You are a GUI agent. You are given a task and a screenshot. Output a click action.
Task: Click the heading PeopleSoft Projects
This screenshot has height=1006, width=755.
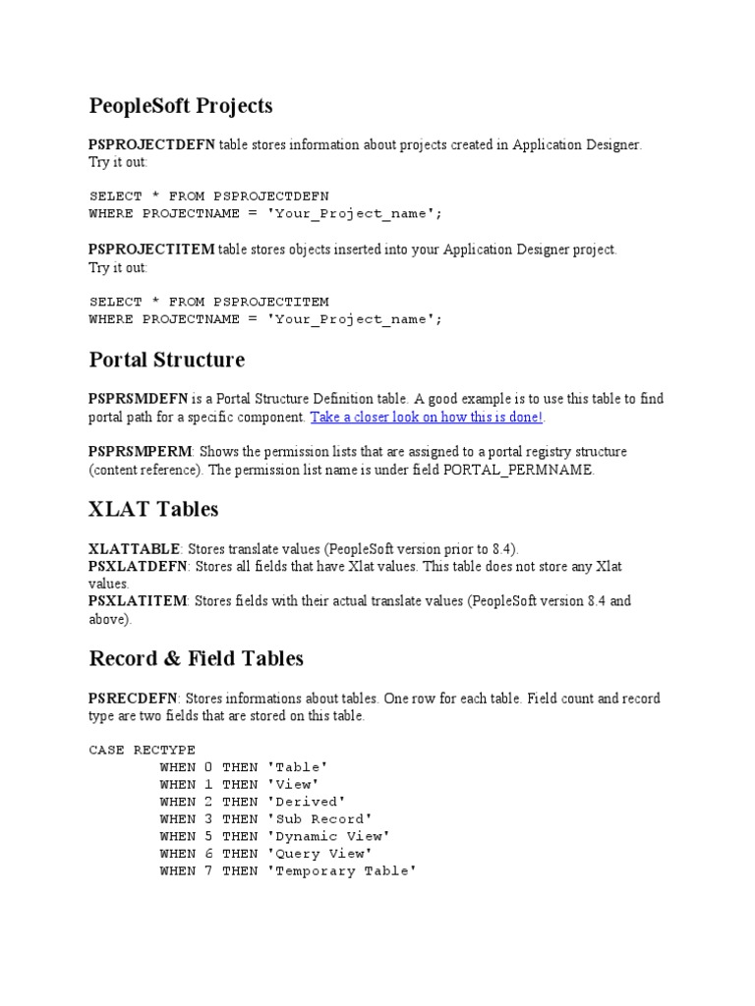point(181,105)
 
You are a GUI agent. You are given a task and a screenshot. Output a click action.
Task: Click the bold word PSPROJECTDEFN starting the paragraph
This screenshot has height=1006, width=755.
point(152,144)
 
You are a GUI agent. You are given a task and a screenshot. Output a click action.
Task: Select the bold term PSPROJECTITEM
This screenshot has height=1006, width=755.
point(151,250)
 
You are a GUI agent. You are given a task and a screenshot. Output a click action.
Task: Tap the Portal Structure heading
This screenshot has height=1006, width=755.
point(167,360)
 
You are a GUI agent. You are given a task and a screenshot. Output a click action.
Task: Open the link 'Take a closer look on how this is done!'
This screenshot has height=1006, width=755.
point(427,417)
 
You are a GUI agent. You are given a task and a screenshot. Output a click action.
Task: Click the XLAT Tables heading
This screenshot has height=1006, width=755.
point(153,509)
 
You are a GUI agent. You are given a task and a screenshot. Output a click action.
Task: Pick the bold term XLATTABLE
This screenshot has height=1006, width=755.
point(135,548)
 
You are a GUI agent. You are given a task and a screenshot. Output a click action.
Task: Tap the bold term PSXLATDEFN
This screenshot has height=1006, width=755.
point(138,566)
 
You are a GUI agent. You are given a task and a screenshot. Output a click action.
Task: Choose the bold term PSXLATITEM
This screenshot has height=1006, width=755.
point(138,600)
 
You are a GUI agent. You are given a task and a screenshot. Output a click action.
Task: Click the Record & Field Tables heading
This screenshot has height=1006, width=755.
point(197,658)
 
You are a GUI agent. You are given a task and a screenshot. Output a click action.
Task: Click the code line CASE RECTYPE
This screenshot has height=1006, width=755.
point(143,750)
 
